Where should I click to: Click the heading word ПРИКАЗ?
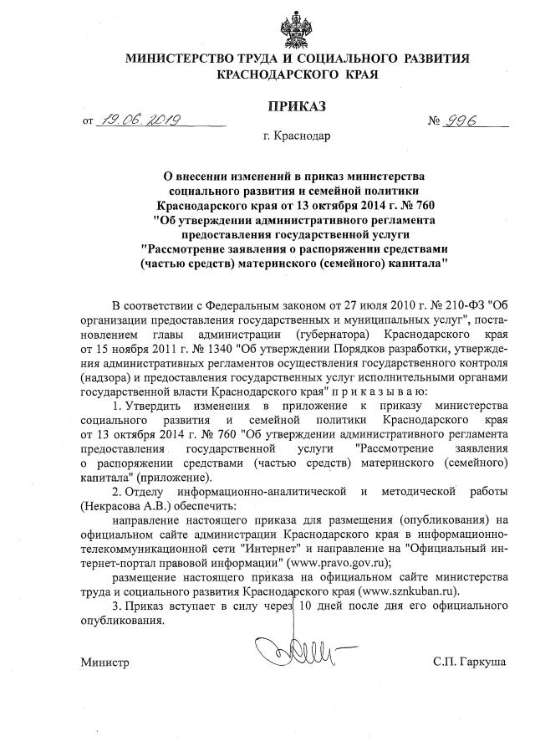297,106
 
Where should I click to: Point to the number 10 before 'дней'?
307,606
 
